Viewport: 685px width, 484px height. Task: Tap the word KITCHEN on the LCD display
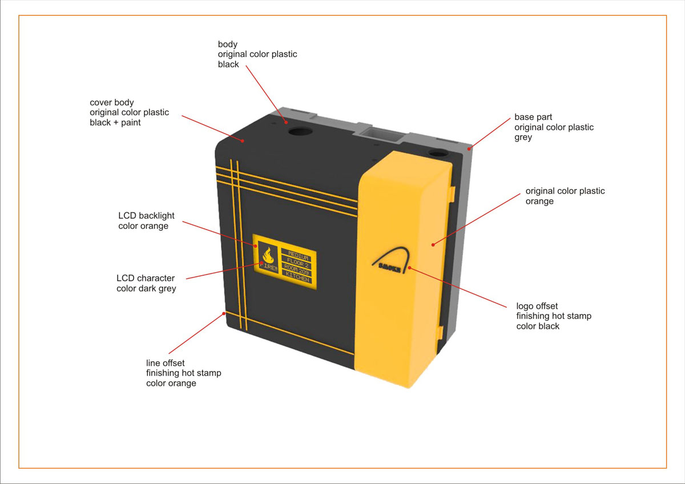297,279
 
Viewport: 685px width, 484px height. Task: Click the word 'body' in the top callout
227,44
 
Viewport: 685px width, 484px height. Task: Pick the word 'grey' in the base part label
523,138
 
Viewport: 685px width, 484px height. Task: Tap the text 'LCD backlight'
146,216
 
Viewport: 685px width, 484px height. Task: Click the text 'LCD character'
145,279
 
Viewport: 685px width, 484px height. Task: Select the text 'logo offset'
537,306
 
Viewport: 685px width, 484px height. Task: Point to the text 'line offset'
165,363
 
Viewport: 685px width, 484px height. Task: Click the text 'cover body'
111,102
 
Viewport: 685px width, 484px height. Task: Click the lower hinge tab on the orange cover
440,332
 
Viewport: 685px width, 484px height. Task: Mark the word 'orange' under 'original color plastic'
539,201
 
